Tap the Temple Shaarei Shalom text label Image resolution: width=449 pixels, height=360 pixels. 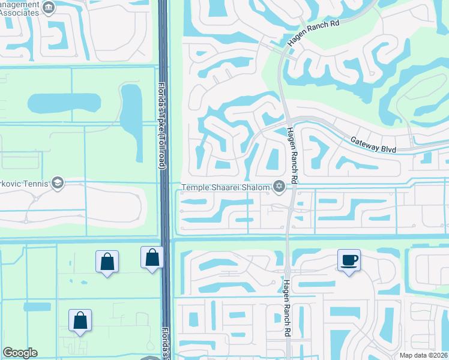coord(226,187)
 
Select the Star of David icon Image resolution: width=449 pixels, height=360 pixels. coord(279,187)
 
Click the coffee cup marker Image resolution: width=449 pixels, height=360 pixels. coord(349,260)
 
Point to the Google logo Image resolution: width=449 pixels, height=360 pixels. coord(20,353)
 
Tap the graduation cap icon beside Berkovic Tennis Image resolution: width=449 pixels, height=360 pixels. coord(57,183)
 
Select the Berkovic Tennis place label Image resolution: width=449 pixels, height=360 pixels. coord(24,183)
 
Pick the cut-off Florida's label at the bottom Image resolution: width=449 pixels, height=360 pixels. coord(164,343)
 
